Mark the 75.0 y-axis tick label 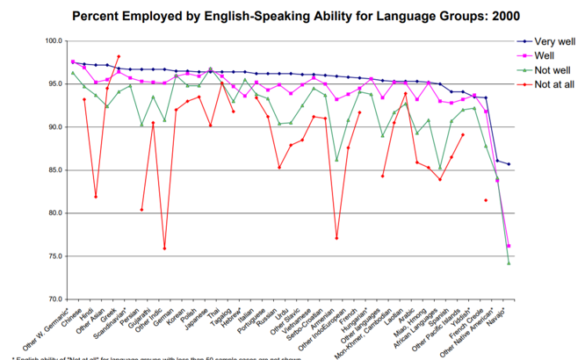pos(53,256)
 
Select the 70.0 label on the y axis pos(53,299)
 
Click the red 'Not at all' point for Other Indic pos(164,248)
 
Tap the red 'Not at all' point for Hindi pos(96,196)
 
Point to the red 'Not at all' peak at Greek pos(119,57)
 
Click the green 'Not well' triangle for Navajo pos(509,263)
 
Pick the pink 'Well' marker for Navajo pos(509,246)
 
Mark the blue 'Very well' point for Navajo pos(509,164)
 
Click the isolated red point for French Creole pos(486,200)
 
